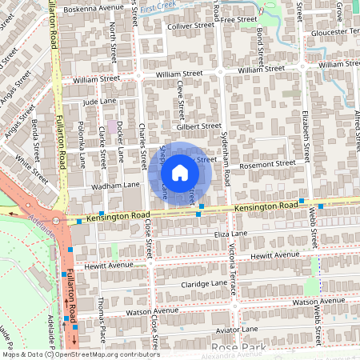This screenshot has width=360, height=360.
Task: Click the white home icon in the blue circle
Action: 180,173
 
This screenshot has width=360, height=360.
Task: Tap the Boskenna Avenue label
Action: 89,8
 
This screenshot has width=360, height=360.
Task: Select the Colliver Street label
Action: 191,26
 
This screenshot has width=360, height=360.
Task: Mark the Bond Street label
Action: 261,46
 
